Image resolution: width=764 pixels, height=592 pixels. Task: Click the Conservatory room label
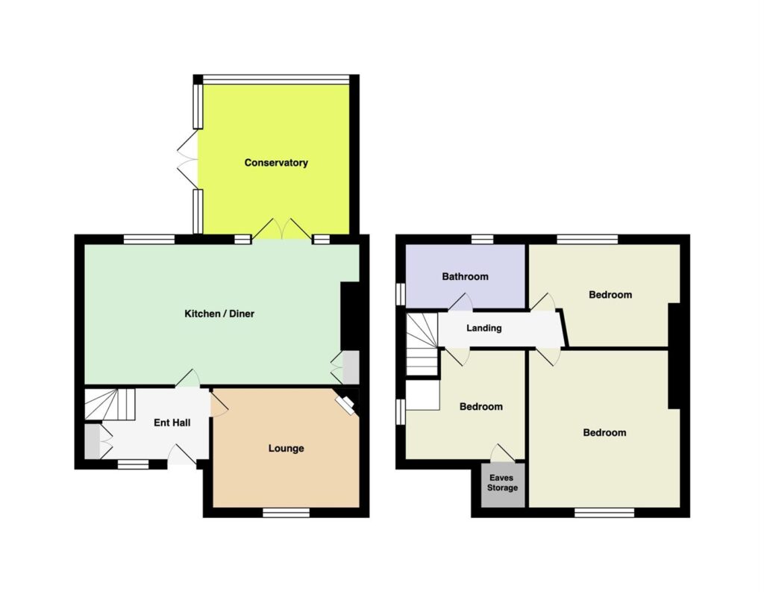click(x=276, y=163)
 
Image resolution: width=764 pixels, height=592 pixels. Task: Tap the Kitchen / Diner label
click(x=219, y=314)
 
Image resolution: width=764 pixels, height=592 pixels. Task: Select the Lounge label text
click(x=286, y=448)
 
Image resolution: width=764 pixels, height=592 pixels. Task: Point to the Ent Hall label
click(x=172, y=423)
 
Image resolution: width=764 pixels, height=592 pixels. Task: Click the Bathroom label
click(x=465, y=276)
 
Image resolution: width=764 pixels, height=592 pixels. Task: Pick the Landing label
click(x=483, y=328)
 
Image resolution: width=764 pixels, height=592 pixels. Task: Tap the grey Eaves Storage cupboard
click(x=503, y=484)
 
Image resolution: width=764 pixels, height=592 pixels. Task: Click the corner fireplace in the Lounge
click(x=348, y=405)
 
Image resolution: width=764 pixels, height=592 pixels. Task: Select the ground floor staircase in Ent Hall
click(x=110, y=404)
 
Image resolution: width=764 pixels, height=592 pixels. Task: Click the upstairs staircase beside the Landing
click(x=422, y=344)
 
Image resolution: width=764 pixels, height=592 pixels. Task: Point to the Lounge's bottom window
click(x=286, y=512)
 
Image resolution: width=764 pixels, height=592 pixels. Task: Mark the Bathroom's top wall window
click(x=483, y=239)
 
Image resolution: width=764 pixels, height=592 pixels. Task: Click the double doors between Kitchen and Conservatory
click(x=281, y=229)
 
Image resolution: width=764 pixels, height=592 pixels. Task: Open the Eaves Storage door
click(x=502, y=453)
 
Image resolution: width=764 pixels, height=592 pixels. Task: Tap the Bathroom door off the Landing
click(x=460, y=302)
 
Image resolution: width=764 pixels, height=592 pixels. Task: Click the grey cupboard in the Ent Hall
click(x=92, y=441)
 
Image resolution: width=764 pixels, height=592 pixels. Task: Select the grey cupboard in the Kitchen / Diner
click(x=351, y=367)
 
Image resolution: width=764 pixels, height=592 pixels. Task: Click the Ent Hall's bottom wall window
click(x=133, y=464)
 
